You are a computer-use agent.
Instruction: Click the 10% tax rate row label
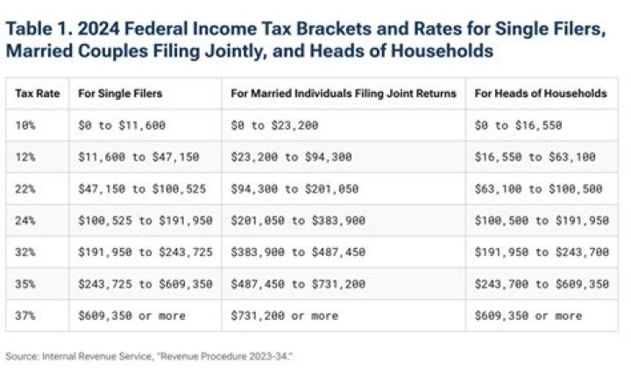pyautogui.click(x=25, y=125)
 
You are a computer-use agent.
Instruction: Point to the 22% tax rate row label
pyautogui.click(x=25, y=189)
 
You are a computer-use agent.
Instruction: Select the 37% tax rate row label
pyautogui.click(x=25, y=316)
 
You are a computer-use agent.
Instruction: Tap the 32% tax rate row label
pyautogui.click(x=25, y=253)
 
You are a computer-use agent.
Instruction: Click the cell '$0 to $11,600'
pyautogui.click(x=118, y=125)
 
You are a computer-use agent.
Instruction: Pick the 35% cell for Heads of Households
pyautogui.click(x=541, y=284)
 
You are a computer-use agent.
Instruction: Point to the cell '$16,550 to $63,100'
pyautogui.click(x=534, y=157)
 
